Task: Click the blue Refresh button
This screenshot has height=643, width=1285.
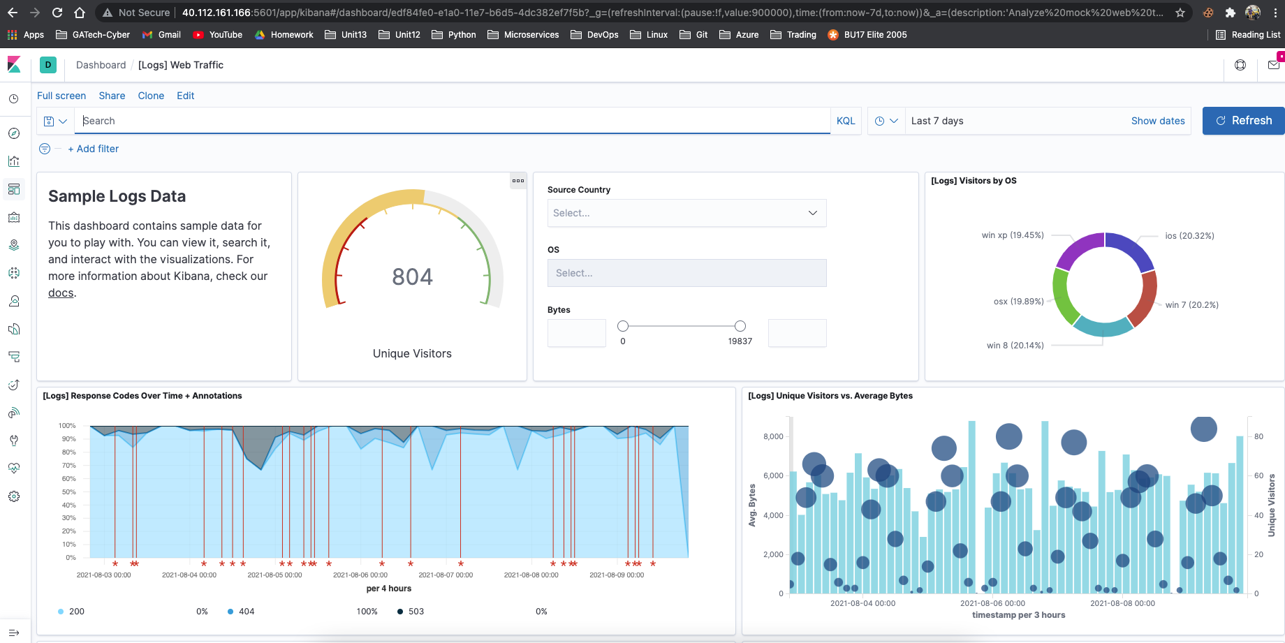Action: pyautogui.click(x=1243, y=121)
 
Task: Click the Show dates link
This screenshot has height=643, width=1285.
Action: pyautogui.click(x=1157, y=121)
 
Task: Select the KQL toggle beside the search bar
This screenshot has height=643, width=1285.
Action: pyautogui.click(x=845, y=121)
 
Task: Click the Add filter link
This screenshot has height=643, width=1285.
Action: pyautogui.click(x=94, y=149)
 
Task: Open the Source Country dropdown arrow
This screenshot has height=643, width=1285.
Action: pyautogui.click(x=812, y=213)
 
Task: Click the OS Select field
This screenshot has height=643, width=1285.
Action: pyautogui.click(x=686, y=273)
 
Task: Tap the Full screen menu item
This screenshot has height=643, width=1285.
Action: pyautogui.click(x=61, y=96)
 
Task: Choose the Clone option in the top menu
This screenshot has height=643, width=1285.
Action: pyautogui.click(x=151, y=96)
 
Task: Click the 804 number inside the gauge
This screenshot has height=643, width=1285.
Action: pyautogui.click(x=412, y=277)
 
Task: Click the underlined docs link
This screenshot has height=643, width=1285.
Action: pyautogui.click(x=61, y=293)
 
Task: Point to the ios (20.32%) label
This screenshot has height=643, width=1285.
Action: pyautogui.click(x=1189, y=236)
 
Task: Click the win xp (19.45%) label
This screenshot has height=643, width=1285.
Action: pyautogui.click(x=1012, y=235)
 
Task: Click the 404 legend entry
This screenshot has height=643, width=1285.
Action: pyautogui.click(x=246, y=612)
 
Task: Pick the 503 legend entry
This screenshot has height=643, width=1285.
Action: pyautogui.click(x=416, y=612)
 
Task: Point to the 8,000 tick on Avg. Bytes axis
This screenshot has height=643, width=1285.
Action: pyautogui.click(x=773, y=436)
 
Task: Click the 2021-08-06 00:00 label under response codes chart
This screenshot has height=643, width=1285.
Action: pyautogui.click(x=360, y=575)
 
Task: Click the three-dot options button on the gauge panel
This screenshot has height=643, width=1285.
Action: pyautogui.click(x=517, y=181)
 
